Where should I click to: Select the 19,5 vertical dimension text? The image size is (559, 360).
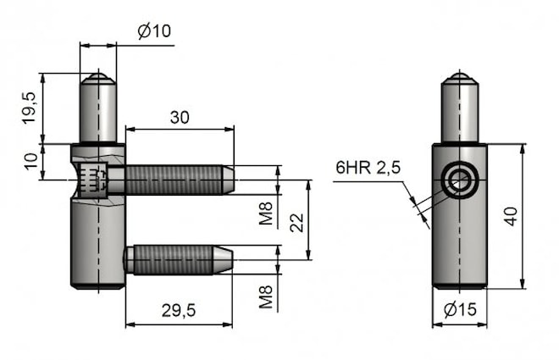click(29, 108)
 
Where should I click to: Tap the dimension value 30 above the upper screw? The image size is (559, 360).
click(179, 117)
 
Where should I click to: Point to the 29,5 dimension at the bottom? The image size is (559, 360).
click(178, 311)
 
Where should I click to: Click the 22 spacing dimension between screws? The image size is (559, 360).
click(296, 222)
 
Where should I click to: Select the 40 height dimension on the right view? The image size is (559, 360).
click(509, 216)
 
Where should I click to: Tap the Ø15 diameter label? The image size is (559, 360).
click(461, 311)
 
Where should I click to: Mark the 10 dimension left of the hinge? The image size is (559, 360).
click(29, 161)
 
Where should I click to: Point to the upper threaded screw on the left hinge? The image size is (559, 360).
click(174, 179)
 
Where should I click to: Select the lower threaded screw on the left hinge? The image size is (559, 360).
click(174, 258)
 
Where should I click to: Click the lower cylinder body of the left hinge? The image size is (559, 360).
click(97, 246)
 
